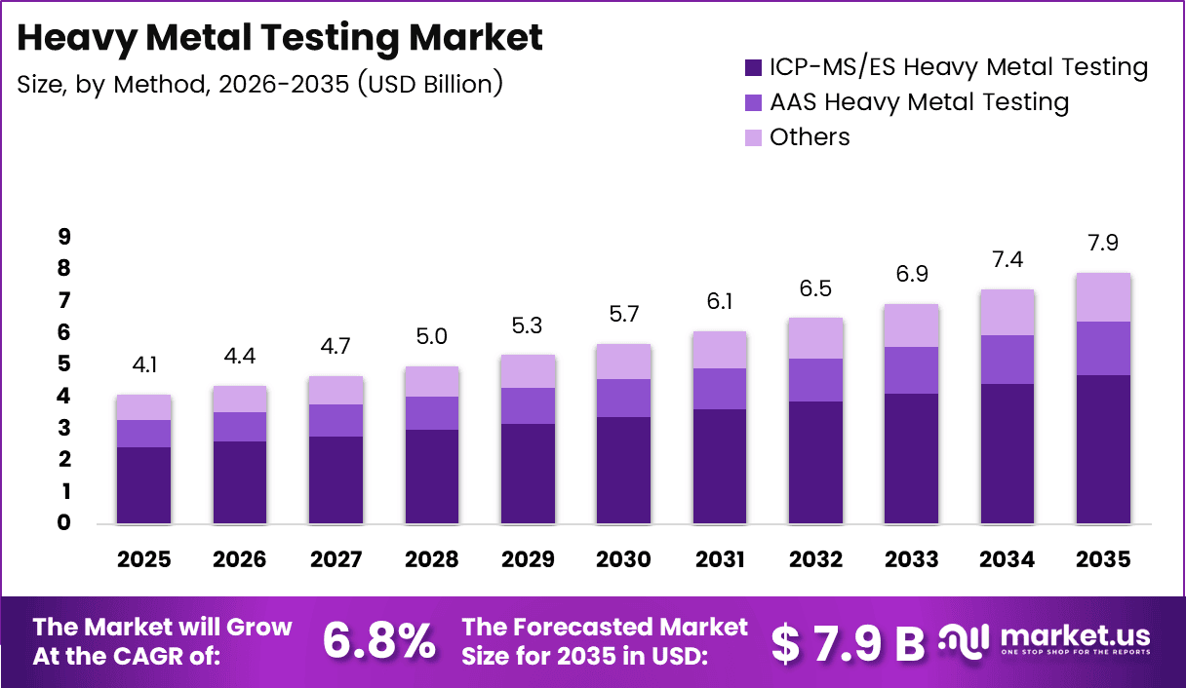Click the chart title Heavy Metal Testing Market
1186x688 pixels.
[280, 38]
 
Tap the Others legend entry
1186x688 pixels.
[810, 137]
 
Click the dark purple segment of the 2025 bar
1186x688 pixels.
[143, 485]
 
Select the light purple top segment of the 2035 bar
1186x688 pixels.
[1103, 297]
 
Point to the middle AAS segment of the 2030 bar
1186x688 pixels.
[623, 398]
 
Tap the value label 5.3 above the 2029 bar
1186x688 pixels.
[528, 324]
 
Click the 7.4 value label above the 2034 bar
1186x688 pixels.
[1008, 259]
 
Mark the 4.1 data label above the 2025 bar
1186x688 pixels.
[143, 365]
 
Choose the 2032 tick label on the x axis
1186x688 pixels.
[815, 559]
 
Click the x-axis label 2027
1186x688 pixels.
[336, 559]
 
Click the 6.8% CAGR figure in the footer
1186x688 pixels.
[378, 640]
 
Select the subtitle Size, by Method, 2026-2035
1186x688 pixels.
[259, 84]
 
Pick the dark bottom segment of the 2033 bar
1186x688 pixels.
[911, 458]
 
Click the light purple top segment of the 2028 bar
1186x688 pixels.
[431, 381]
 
